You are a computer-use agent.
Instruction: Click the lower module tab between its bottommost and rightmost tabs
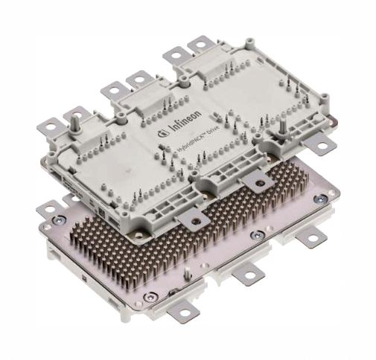[x=248, y=274]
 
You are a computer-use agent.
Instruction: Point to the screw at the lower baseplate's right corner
[x=319, y=199]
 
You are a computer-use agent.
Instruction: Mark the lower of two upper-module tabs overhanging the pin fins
[x=192, y=216]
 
